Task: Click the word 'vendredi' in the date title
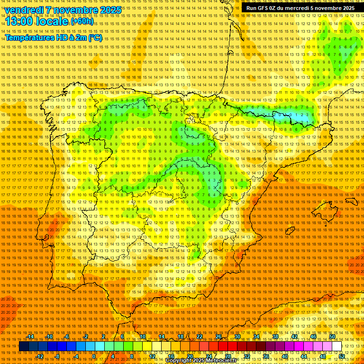click(24, 10)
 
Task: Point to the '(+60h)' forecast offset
click(82, 21)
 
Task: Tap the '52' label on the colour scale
click(342, 356)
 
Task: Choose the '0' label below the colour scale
click(94, 356)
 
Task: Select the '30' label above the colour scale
click(237, 337)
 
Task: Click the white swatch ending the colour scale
click(337, 346)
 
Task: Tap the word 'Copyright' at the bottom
click(179, 361)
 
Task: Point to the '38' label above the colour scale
click(275, 337)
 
